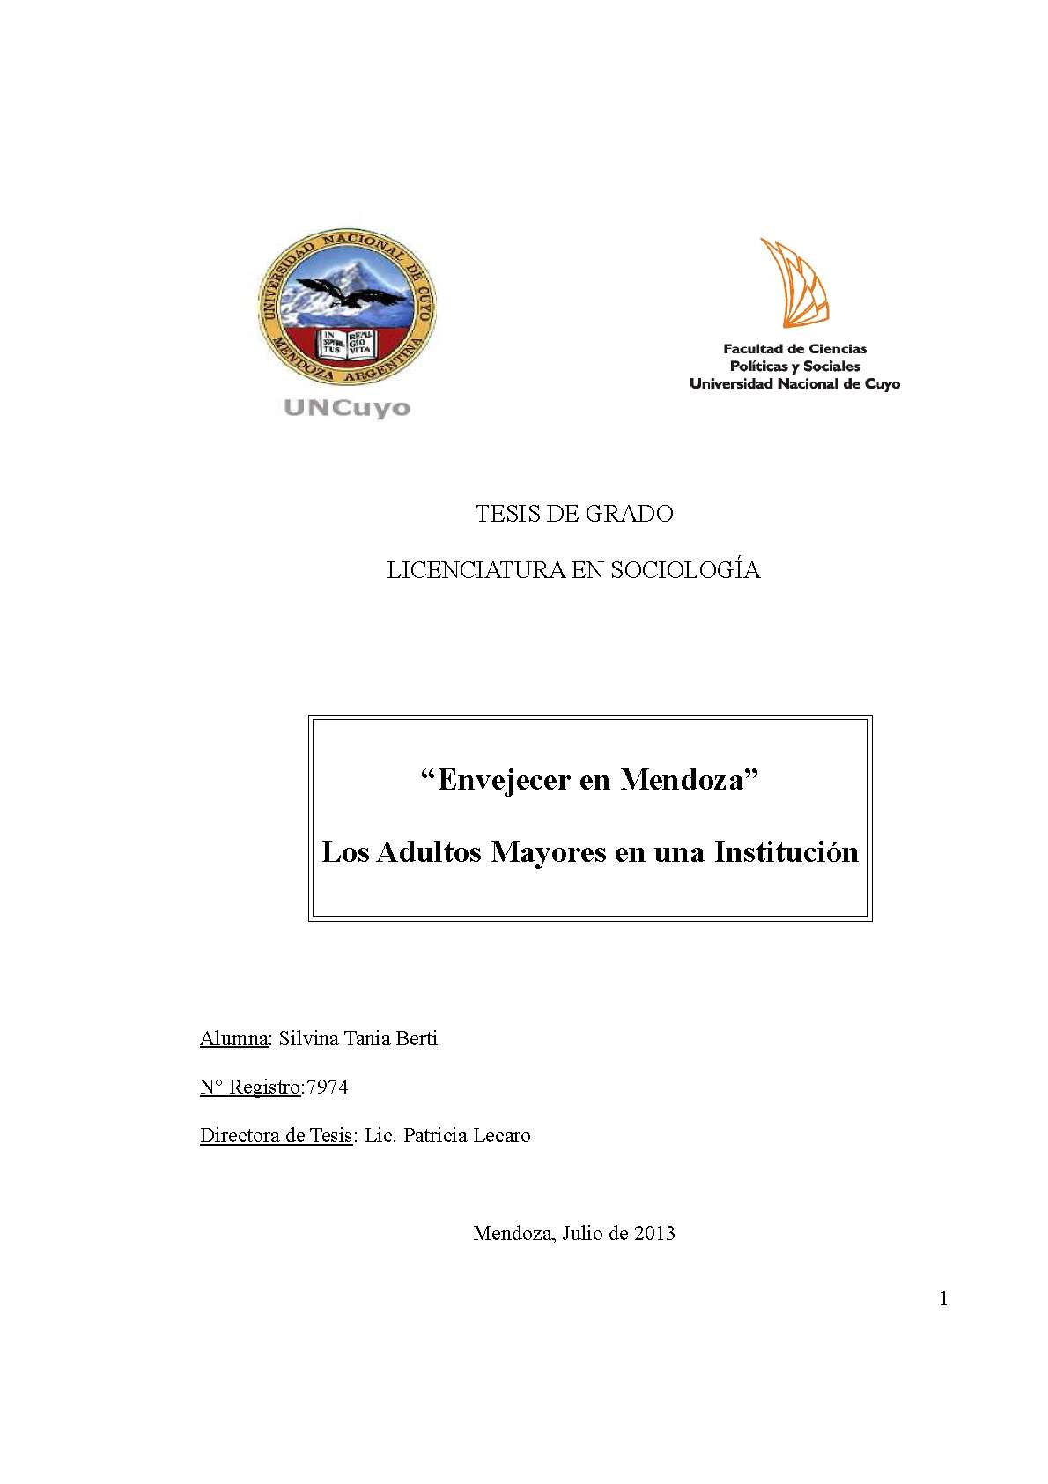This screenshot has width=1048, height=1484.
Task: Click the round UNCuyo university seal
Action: coord(347,307)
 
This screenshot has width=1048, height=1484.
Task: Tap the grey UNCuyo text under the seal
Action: coord(347,408)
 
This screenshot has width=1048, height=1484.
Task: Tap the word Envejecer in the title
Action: coord(504,780)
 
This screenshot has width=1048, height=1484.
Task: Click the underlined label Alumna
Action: coord(233,1039)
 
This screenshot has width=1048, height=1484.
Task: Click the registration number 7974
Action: coord(327,1087)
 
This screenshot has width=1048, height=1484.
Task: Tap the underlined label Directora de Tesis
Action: coord(276,1136)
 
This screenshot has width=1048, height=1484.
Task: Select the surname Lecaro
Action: coord(502,1136)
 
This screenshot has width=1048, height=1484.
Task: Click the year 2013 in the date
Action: coord(653,1234)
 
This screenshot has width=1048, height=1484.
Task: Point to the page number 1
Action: coord(944,1299)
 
